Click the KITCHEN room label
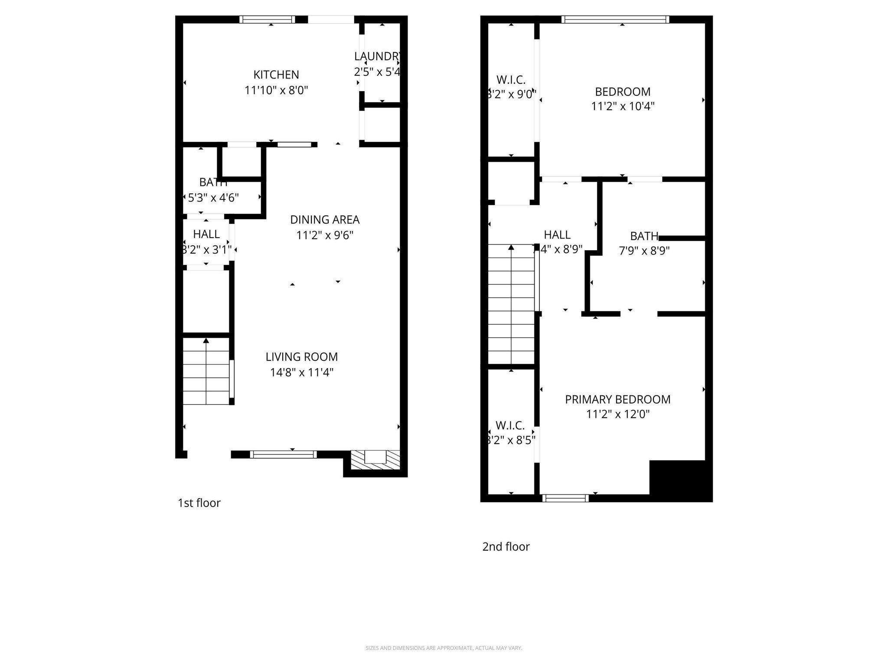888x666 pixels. pyautogui.click(x=276, y=75)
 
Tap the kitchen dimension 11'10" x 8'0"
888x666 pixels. pyautogui.click(x=276, y=91)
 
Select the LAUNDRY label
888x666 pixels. pyautogui.click(x=377, y=56)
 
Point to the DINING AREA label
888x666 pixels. pyautogui.click(x=325, y=220)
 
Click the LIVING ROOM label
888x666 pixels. pyautogui.click(x=301, y=357)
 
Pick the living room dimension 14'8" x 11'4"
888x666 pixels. pyautogui.click(x=301, y=372)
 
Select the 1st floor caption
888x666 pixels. pyautogui.click(x=199, y=503)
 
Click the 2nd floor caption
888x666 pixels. pyautogui.click(x=506, y=547)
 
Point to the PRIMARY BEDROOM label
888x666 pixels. pyautogui.click(x=617, y=399)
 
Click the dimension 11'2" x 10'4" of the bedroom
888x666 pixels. pyautogui.click(x=623, y=106)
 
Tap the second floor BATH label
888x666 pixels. pyautogui.click(x=644, y=236)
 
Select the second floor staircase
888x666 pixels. pyautogui.click(x=511, y=304)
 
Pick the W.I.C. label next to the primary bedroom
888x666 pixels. pyautogui.click(x=510, y=425)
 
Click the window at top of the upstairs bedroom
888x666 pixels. pyautogui.click(x=615, y=20)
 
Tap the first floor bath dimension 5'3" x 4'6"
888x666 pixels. pyautogui.click(x=213, y=198)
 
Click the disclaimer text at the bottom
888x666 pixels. pyautogui.click(x=444, y=648)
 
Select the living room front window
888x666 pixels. pyautogui.click(x=283, y=454)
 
